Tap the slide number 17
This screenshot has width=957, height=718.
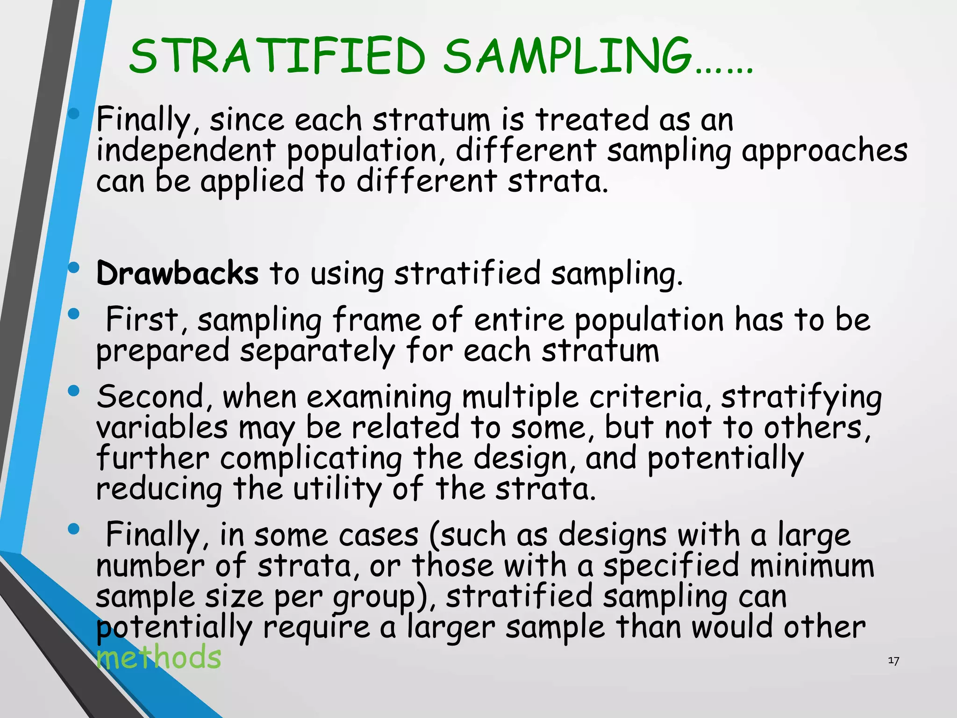(x=893, y=661)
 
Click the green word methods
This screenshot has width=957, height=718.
(x=159, y=657)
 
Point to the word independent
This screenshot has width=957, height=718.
(x=186, y=151)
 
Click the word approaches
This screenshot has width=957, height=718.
(x=824, y=151)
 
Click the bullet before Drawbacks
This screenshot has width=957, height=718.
(x=74, y=268)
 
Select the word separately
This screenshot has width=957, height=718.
(x=317, y=352)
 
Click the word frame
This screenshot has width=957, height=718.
(x=377, y=320)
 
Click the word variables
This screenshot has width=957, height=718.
(x=162, y=428)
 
